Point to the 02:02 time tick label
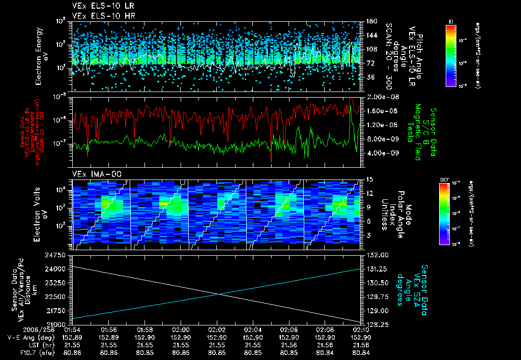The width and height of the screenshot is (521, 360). [217, 329]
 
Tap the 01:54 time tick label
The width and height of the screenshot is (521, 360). [73, 329]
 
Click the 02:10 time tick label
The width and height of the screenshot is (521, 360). [361, 329]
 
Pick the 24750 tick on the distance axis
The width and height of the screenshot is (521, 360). [60, 254]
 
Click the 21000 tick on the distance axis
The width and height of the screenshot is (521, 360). [60, 324]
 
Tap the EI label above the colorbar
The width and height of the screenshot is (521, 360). [451, 21]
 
